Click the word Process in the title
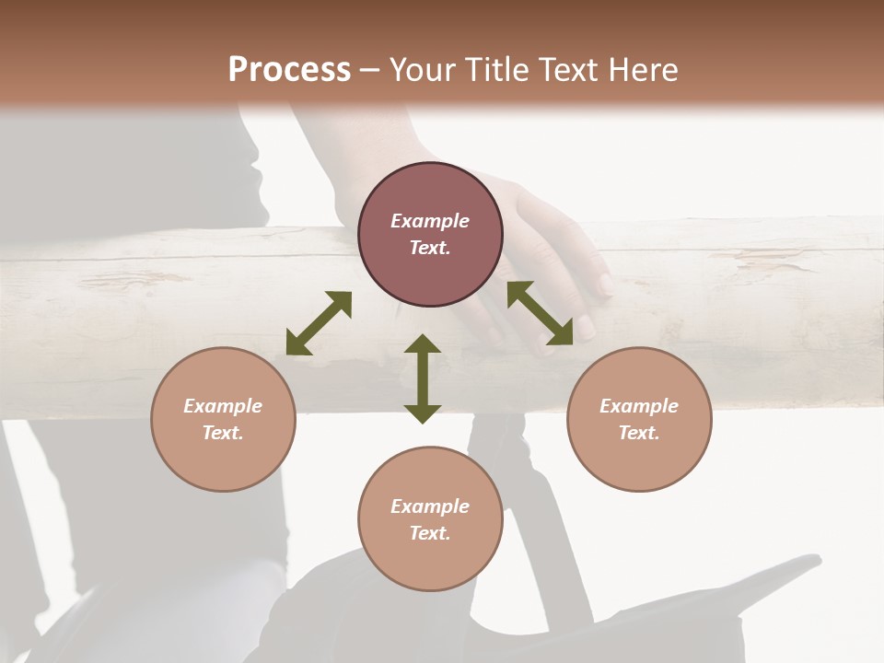[289, 69]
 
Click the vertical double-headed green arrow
[423, 378]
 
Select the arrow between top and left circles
[319, 323]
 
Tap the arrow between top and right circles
[540, 313]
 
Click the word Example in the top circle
[430, 221]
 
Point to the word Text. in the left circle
[223, 433]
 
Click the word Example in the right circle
[639, 406]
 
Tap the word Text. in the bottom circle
[430, 533]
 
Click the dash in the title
[369, 69]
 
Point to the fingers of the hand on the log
[571, 304]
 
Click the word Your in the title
[421, 69]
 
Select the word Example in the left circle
[223, 406]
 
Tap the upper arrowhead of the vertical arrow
[423, 345]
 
